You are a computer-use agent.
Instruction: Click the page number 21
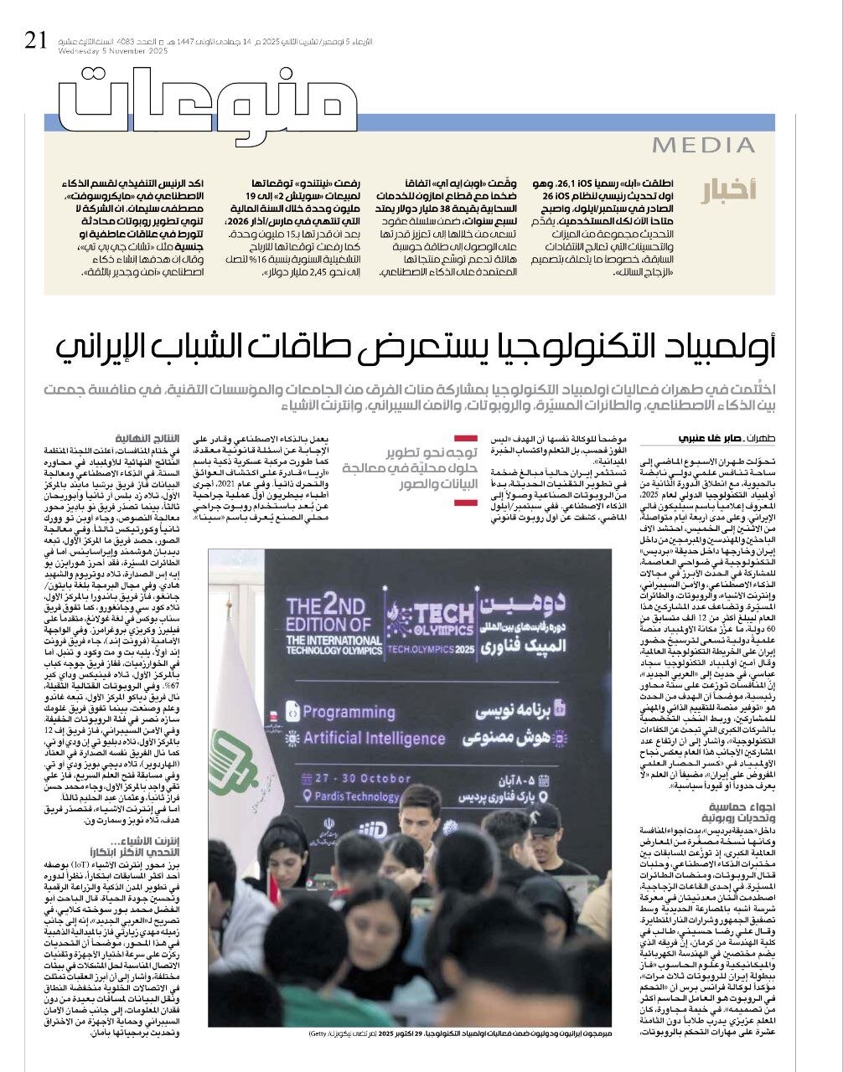pyautogui.click(x=35, y=39)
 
